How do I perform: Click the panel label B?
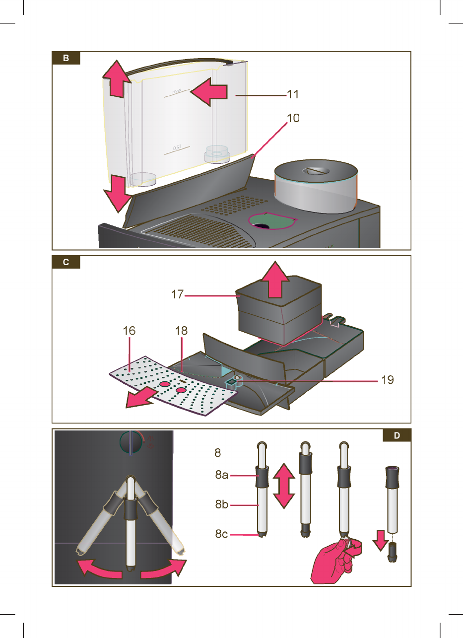(x=66, y=58)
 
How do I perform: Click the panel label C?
(x=66, y=263)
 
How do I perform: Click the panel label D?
(x=397, y=436)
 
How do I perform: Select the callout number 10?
(x=293, y=119)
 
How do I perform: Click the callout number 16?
(x=129, y=330)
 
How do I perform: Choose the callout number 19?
(x=387, y=381)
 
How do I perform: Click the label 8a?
(x=221, y=475)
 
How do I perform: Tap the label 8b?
(x=221, y=506)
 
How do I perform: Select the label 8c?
(x=221, y=535)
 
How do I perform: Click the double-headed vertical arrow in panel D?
(x=283, y=485)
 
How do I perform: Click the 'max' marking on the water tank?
(x=177, y=92)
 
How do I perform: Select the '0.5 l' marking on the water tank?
(x=177, y=148)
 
